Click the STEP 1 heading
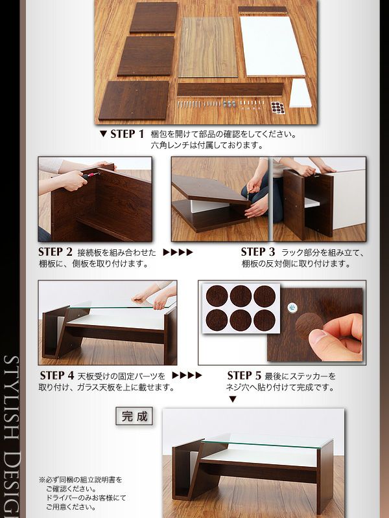pyautogui.click(x=127, y=134)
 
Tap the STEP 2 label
pyautogui.click(x=55, y=252)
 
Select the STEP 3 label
pyautogui.click(x=257, y=252)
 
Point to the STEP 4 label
pyautogui.click(x=57, y=376)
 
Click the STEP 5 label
pyautogui.click(x=244, y=376)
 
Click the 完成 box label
pyautogui.click(x=134, y=416)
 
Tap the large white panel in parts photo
pyautogui.click(x=272, y=46)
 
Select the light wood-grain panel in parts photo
pyautogui.click(x=207, y=47)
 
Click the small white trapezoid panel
pyautogui.click(x=301, y=93)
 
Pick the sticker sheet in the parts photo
pyautogui.click(x=277, y=107)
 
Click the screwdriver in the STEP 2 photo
pyautogui.click(x=91, y=175)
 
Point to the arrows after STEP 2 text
pyautogui.click(x=178, y=253)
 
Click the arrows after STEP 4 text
pyautogui.click(x=187, y=376)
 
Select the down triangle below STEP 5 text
pyautogui.click(x=233, y=400)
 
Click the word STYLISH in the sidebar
pyautogui.click(x=12, y=399)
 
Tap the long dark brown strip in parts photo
pyautogui.click(x=230, y=89)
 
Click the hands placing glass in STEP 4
pyautogui.click(x=154, y=294)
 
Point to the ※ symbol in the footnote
pyautogui.click(x=42, y=480)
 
